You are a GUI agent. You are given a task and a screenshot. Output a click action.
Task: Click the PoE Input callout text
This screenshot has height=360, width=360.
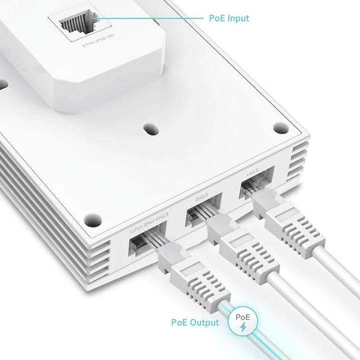(228, 19)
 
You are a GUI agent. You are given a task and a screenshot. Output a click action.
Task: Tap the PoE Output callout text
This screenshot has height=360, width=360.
(195, 322)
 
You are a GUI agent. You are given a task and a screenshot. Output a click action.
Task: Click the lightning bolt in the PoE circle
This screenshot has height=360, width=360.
(243, 327)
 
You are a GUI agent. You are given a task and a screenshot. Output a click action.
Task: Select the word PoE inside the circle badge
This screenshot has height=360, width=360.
(243, 317)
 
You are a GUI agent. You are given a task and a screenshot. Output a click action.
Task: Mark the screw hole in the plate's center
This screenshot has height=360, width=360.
(149, 130)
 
